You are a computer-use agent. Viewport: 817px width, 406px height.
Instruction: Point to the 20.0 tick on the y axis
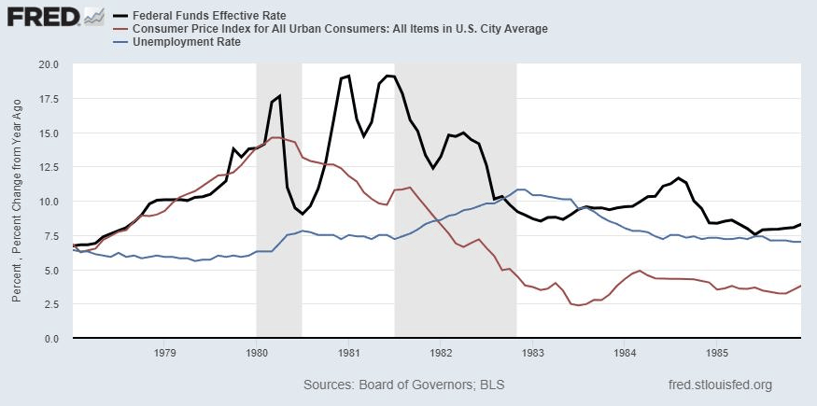49,64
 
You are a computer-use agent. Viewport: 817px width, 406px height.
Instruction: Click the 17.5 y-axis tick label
49,99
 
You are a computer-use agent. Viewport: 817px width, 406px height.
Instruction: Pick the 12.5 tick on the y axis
49,167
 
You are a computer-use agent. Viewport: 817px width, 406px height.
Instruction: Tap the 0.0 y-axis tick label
52,339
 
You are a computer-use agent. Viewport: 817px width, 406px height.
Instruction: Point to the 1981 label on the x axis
349,353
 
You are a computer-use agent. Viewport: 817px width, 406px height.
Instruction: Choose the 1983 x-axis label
533,353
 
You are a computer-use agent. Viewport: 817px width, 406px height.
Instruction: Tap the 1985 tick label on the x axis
717,353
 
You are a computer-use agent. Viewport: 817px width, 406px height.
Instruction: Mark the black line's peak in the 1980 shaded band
279,96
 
